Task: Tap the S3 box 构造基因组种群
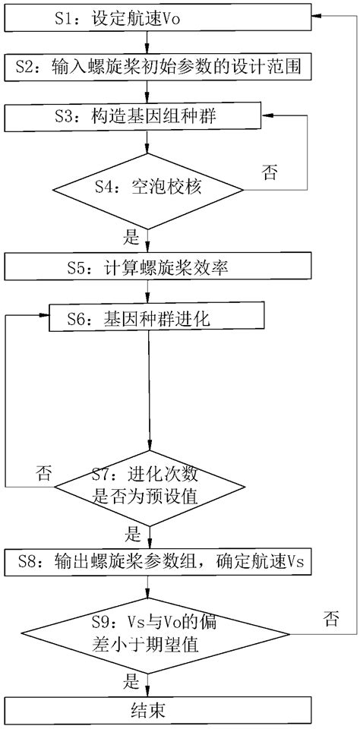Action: [x=156, y=115]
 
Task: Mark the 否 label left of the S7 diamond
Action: [x=43, y=474]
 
